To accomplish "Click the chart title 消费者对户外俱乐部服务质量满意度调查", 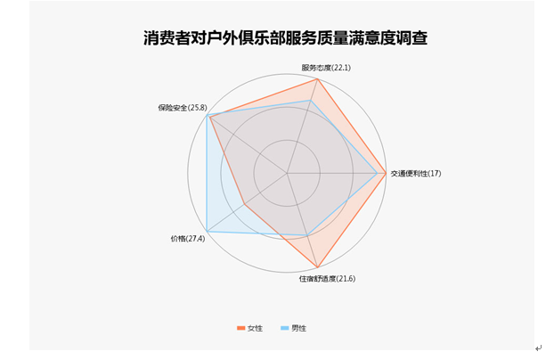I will point(285,38).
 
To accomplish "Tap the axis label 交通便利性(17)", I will point(416,173).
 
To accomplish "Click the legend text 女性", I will point(255,328).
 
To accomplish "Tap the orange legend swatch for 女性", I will point(240,328).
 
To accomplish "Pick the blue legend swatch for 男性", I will point(285,328).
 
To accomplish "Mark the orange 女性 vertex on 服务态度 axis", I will point(318,78).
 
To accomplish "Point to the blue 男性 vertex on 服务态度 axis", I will point(310,101).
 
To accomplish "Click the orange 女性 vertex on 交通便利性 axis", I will point(385,172).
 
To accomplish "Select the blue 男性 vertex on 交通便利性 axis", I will point(376,172).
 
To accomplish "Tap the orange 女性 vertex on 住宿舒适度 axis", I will point(318,266).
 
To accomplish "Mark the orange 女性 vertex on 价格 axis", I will point(245,202).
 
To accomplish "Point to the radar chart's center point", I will point(287,172).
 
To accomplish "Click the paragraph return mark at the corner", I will point(537,348).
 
